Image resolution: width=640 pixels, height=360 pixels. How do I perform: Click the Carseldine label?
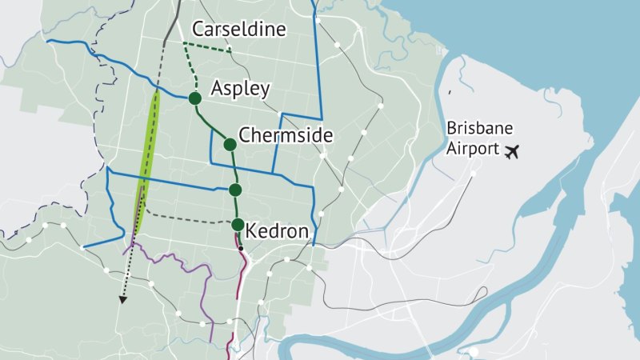coord(239,30)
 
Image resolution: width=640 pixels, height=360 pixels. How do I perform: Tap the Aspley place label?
coord(240,89)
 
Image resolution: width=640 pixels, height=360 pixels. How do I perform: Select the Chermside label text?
coord(285,135)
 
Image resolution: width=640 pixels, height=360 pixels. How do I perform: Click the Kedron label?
coord(278,231)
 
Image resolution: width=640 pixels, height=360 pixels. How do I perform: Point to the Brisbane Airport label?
coord(480,138)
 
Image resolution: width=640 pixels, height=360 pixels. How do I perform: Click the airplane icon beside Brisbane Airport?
coord(513,150)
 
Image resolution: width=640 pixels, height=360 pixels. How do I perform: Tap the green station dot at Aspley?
coord(194,98)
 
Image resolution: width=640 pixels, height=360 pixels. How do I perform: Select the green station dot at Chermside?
coord(230,145)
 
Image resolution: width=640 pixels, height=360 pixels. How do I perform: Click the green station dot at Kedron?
coord(238,225)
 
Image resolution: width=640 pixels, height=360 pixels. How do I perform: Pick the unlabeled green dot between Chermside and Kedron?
coord(235,190)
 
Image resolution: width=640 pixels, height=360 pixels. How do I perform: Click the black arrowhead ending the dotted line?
coord(122,301)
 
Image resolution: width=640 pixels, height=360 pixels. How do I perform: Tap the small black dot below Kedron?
coord(241,249)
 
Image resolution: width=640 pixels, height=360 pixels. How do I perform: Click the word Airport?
coord(470,149)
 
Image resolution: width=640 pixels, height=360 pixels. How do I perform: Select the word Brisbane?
coord(480,129)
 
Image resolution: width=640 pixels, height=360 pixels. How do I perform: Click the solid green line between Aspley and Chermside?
coord(211,125)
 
